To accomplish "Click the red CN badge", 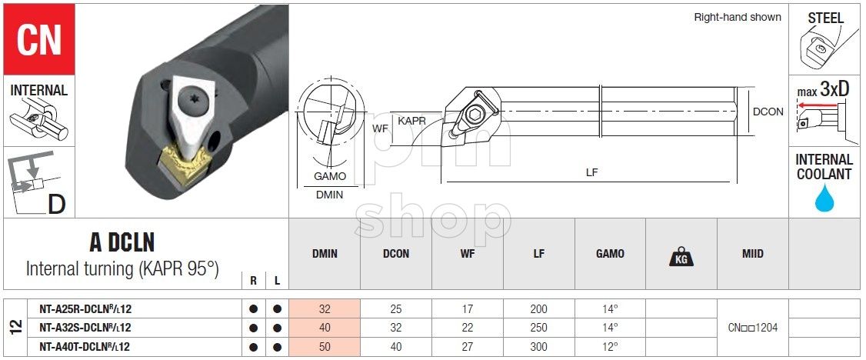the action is coord(38,39).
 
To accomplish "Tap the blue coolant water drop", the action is coord(824,198).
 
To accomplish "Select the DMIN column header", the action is coord(325,254).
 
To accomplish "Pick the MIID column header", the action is coord(752,254).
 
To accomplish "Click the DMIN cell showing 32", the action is coord(325,309).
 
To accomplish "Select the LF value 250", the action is coord(538,328).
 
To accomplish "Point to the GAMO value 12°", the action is coord(610,347).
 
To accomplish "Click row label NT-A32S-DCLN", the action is coord(85,328).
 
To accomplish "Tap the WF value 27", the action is coord(468,347).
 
